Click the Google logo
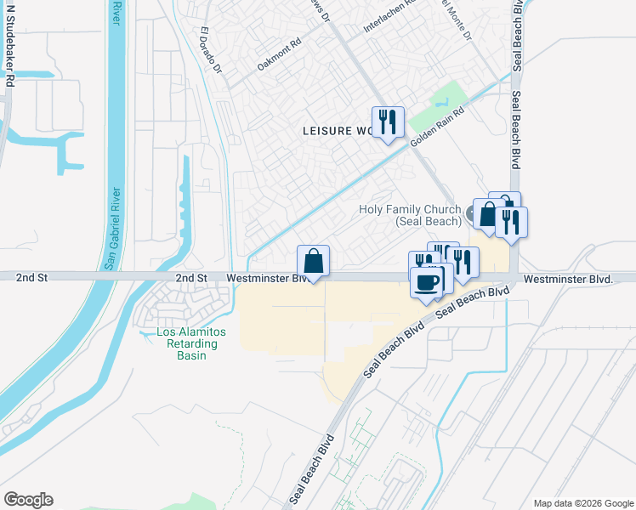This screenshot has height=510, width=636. [x=28, y=500]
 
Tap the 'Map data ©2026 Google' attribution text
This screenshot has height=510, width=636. [x=582, y=503]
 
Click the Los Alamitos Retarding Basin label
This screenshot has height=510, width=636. [x=187, y=343]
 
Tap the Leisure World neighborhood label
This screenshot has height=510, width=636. [x=338, y=131]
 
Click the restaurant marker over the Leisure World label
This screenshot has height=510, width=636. [x=388, y=122]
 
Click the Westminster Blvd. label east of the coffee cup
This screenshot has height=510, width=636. [x=568, y=279]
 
